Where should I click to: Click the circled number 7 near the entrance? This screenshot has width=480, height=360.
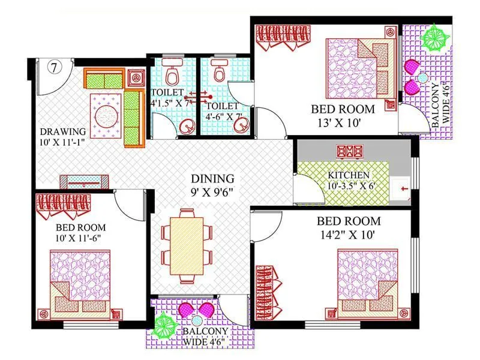(x=53, y=67)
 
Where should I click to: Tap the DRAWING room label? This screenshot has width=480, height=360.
(x=63, y=131)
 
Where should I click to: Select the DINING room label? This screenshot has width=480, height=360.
(x=212, y=179)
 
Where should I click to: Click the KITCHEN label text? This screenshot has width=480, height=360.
(x=349, y=175)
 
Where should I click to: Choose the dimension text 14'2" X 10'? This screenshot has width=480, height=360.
(x=348, y=235)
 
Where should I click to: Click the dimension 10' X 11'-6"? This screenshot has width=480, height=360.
(x=80, y=240)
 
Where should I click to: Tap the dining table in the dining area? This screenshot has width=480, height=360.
(x=187, y=245)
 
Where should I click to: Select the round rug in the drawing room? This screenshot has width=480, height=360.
(x=106, y=112)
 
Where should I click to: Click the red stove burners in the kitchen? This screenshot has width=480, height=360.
(x=348, y=151)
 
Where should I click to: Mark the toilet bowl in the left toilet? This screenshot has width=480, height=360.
(x=172, y=74)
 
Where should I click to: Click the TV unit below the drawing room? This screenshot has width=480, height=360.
(x=84, y=182)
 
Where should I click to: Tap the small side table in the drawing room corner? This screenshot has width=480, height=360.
(x=137, y=77)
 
